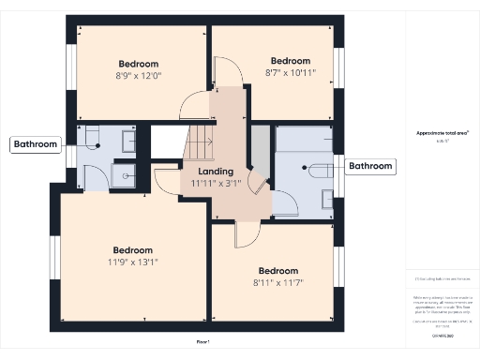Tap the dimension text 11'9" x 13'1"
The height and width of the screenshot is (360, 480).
tap(133, 263)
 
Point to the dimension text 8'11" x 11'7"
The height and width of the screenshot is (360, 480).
tap(277, 281)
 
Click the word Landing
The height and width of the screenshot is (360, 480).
tap(217, 172)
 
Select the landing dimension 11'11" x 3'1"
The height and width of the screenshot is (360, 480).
tap(217, 184)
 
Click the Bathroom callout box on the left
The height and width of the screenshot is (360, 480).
tap(36, 144)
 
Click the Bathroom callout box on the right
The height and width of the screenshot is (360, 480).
tap(371, 167)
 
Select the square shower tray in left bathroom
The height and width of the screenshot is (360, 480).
tap(125, 175)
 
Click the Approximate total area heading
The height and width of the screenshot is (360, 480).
tap(442, 133)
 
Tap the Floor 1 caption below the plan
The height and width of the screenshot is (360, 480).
tap(203, 342)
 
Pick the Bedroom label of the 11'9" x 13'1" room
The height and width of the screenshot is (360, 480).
tap(133, 250)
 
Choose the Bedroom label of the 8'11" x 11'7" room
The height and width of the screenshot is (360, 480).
tap(277, 269)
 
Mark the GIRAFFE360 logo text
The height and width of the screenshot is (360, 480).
tap(442, 335)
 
